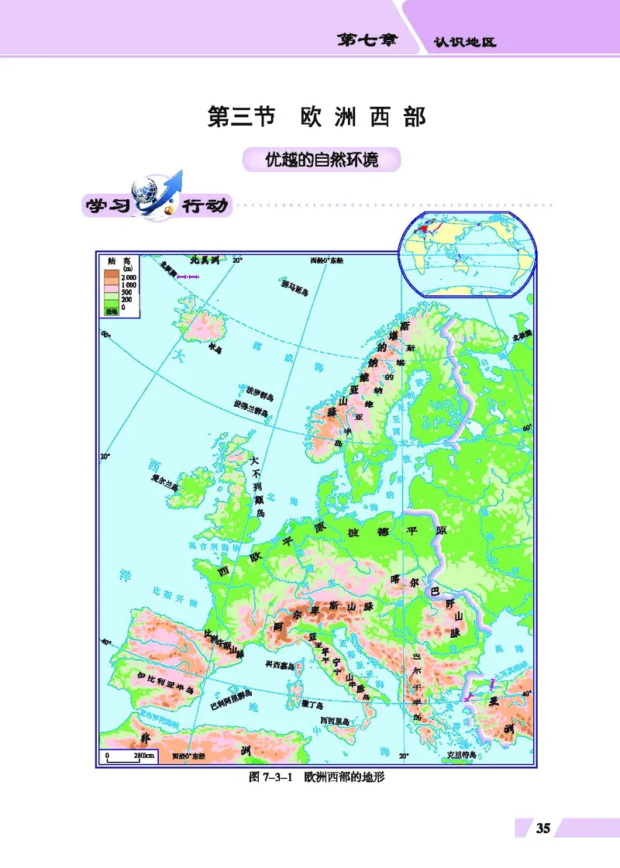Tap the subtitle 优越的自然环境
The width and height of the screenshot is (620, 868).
(321, 160)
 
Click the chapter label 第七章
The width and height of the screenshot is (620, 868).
(367, 40)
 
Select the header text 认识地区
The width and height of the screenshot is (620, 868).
(464, 43)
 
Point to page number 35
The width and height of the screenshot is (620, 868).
(542, 828)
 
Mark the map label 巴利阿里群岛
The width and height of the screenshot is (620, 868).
(230, 705)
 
